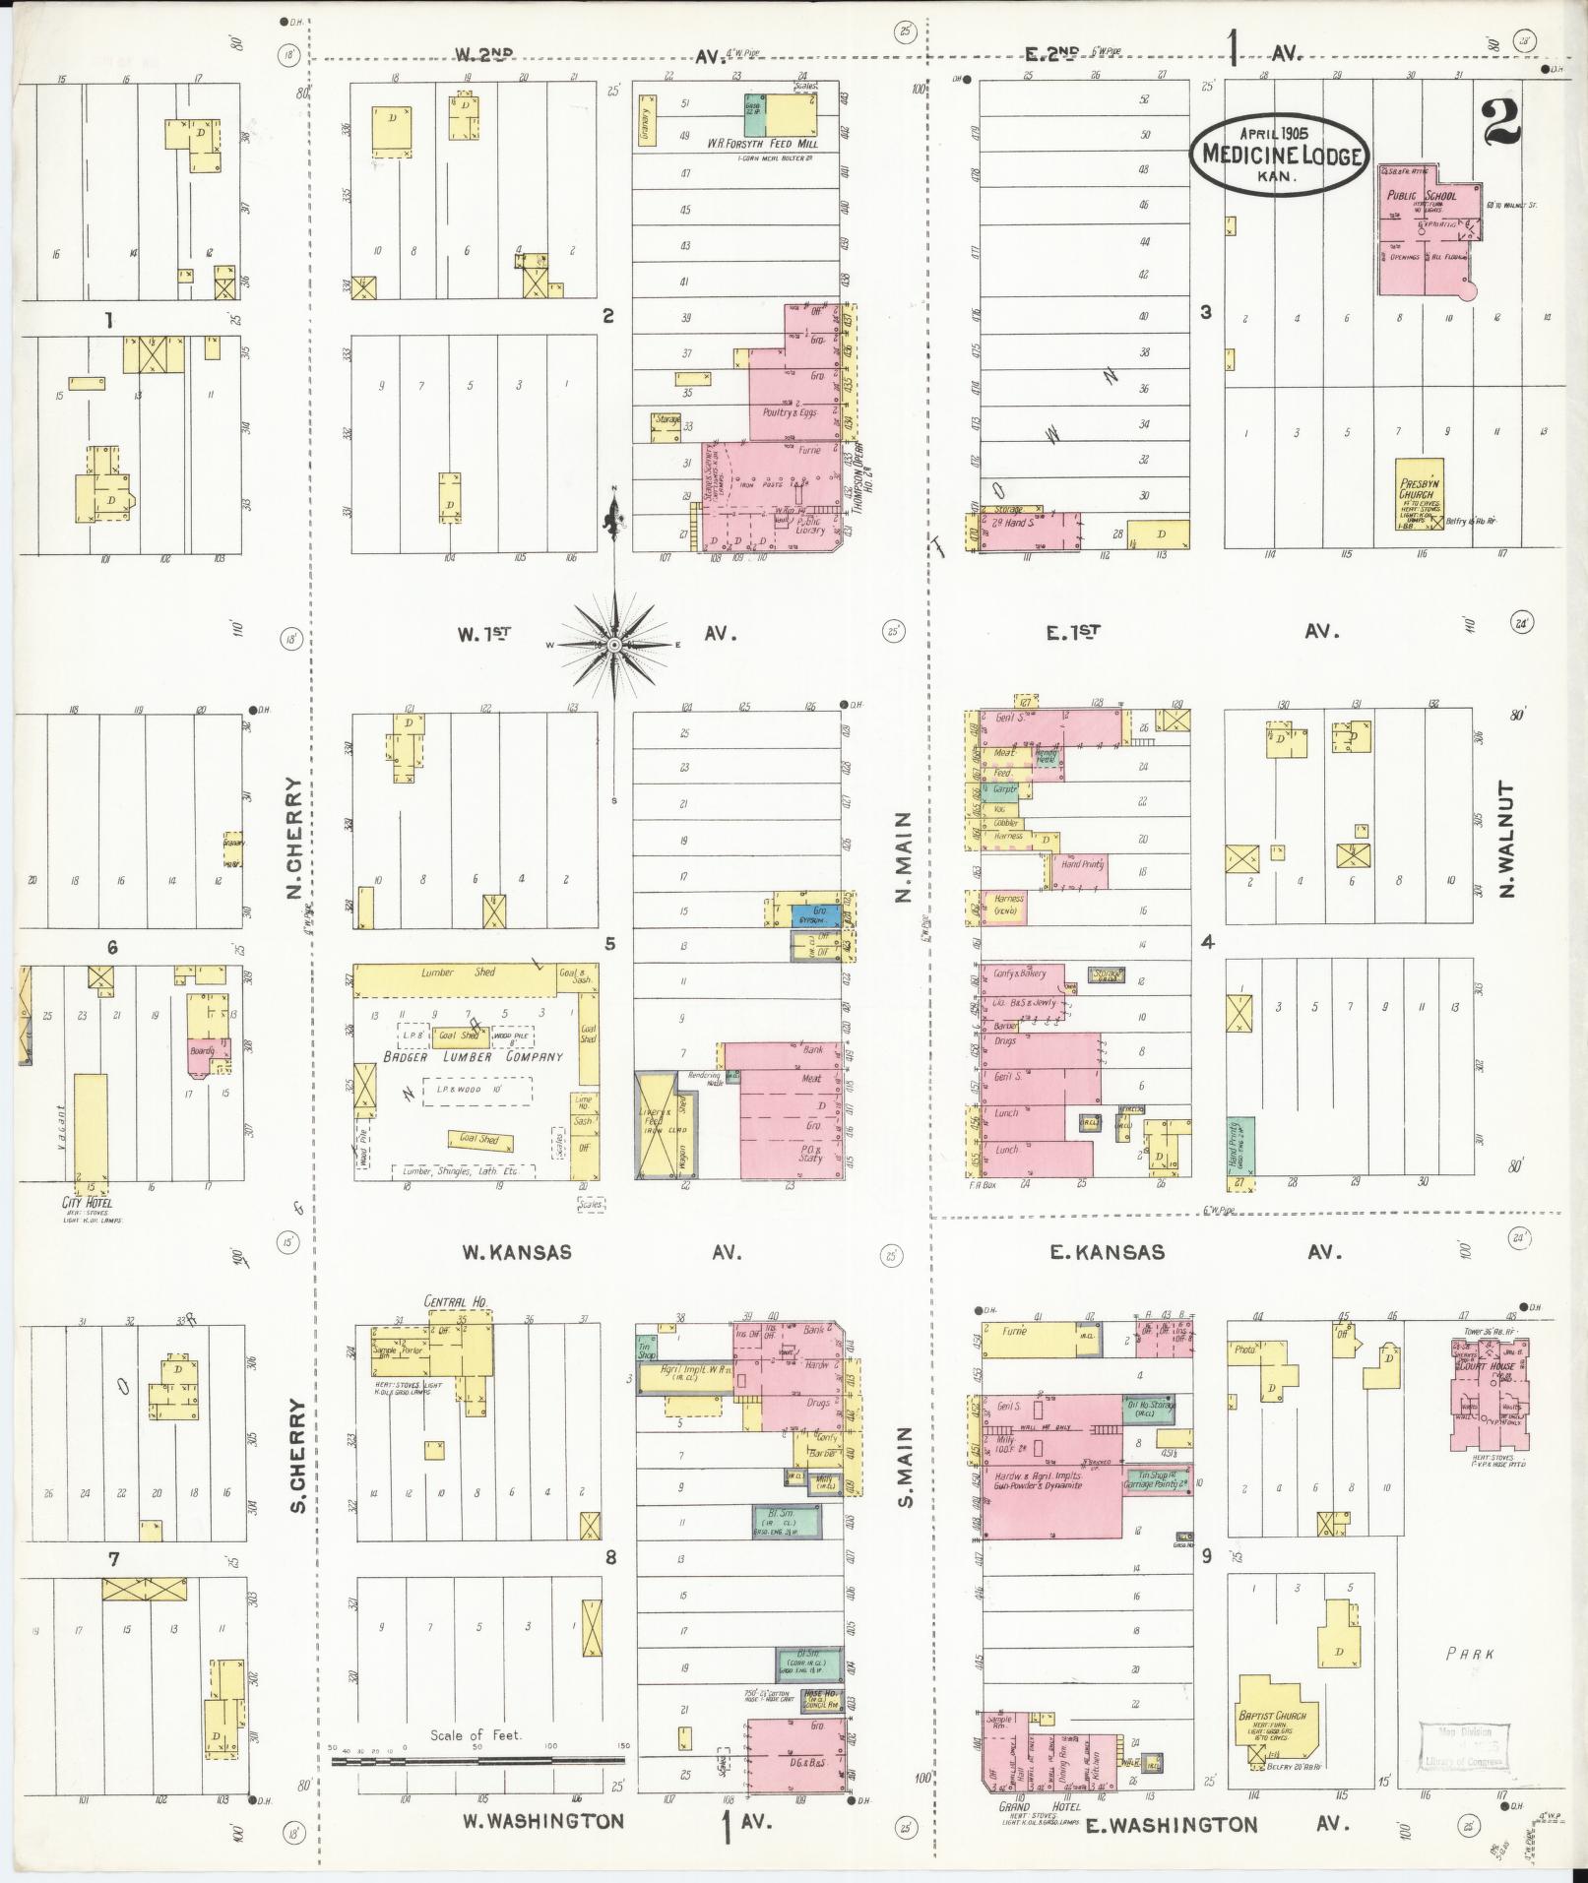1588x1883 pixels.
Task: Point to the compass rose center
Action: pyautogui.click(x=614, y=645)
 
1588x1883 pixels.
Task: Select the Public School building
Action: pyautogui.click(x=1429, y=229)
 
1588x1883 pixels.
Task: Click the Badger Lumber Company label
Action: pyautogui.click(x=472, y=1056)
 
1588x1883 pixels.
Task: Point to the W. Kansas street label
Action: pyautogui.click(x=516, y=1253)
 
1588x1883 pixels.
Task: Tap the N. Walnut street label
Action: pyautogui.click(x=1506, y=839)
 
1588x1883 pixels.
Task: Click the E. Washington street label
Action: pyautogui.click(x=1171, y=1826)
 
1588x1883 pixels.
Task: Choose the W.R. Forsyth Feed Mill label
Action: pyautogui.click(x=764, y=144)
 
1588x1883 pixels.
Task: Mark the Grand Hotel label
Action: pyautogui.click(x=1029, y=1807)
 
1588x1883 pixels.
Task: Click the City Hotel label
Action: pyautogui.click(x=87, y=1203)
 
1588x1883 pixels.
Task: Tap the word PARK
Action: pyautogui.click(x=1470, y=1655)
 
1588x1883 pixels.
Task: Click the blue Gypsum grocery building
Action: pyautogui.click(x=817, y=915)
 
